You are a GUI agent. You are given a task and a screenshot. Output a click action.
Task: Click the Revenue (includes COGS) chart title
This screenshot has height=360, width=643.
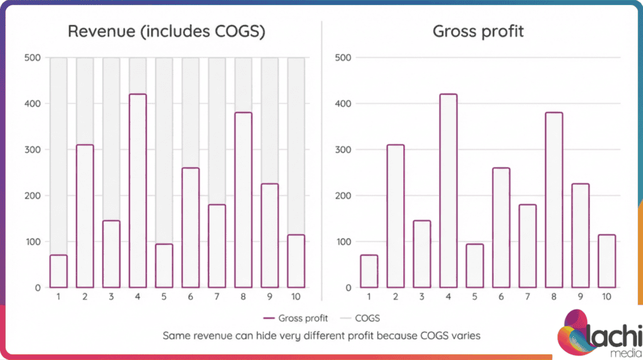click(166, 31)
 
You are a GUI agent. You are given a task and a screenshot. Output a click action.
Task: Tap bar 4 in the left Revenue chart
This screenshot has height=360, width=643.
click(138, 191)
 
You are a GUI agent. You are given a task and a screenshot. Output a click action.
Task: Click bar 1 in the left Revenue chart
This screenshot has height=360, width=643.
click(58, 271)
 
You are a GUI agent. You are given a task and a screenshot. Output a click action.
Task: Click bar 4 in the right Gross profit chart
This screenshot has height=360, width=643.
click(448, 191)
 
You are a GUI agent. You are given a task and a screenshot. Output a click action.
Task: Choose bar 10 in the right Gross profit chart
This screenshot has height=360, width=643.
click(607, 261)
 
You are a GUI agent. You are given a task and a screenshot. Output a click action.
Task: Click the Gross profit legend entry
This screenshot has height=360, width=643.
click(296, 319)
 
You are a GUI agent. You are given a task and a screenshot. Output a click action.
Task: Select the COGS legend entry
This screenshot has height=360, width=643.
click(363, 319)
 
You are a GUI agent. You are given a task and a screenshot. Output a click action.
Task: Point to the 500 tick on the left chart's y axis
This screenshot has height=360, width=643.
click(33, 58)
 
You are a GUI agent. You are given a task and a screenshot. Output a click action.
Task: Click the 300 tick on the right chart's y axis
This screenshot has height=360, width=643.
click(344, 150)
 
